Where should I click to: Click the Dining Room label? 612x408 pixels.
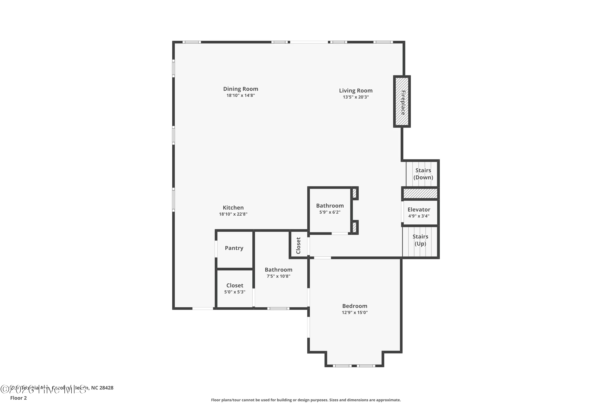click(241, 89)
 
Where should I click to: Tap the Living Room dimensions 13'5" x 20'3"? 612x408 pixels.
click(356, 97)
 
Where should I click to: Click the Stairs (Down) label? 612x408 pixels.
click(423, 174)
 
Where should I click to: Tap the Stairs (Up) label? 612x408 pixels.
click(420, 240)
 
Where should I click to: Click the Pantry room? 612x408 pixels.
click(234, 248)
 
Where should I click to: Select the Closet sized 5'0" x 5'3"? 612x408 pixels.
click(235, 288)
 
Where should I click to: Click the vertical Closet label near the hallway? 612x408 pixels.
click(298, 245)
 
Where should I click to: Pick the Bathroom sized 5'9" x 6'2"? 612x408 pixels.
click(330, 209)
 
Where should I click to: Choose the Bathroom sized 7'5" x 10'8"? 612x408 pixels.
click(278, 273)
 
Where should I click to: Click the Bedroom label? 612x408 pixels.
click(355, 306)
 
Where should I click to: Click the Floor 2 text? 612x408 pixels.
click(19, 398)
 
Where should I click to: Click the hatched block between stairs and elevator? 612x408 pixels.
click(420, 193)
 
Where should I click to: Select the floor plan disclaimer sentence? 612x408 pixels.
click(306, 400)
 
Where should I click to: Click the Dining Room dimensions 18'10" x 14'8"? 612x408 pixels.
click(241, 95)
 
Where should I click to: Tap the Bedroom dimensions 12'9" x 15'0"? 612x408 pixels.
click(355, 313)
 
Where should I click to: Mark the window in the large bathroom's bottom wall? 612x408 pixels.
click(278, 309)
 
